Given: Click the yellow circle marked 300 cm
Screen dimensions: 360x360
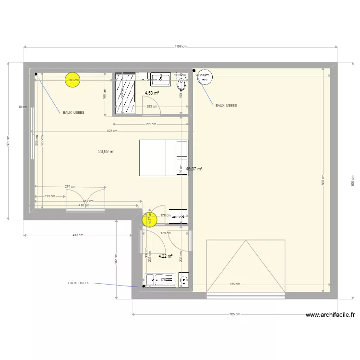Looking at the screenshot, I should coord(73,81).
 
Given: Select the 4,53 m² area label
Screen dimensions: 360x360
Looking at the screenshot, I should coord(152,93).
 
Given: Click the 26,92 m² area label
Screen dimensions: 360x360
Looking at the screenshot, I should coord(106,152).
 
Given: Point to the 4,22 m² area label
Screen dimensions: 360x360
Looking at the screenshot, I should coord(165,256).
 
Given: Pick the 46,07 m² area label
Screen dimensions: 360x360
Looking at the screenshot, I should coord(194,169).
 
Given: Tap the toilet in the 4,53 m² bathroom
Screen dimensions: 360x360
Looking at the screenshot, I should coord(181,85).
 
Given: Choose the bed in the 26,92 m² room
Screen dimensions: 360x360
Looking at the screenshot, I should coord(163,157).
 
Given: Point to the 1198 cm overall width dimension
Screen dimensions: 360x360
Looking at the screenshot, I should coord(180,47).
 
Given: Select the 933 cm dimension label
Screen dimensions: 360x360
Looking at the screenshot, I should coord(352,180).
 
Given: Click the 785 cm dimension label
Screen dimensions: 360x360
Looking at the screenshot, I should coord(234,315).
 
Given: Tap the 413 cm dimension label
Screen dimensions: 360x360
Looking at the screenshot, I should coord(78,235).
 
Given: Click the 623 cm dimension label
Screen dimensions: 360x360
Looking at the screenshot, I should coord(112,131).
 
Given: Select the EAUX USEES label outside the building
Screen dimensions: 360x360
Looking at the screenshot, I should coord(79,283).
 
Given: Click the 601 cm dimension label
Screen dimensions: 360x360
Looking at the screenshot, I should coord(8,141).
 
